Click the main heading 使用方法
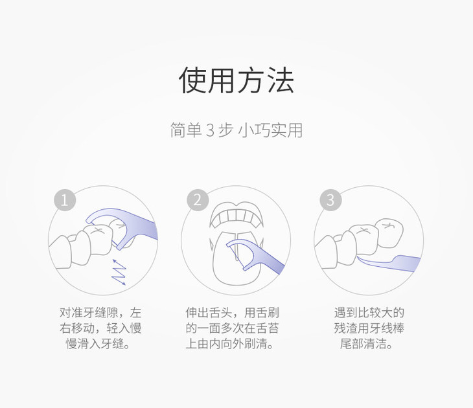236,81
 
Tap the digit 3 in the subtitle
209,130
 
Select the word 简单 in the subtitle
185,130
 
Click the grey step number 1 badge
64,199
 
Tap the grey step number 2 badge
197,199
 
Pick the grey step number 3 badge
330,199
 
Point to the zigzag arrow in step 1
119,271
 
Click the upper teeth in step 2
236,215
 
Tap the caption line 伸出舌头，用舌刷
236,312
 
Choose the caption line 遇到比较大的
369,312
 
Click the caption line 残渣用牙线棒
369,328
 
